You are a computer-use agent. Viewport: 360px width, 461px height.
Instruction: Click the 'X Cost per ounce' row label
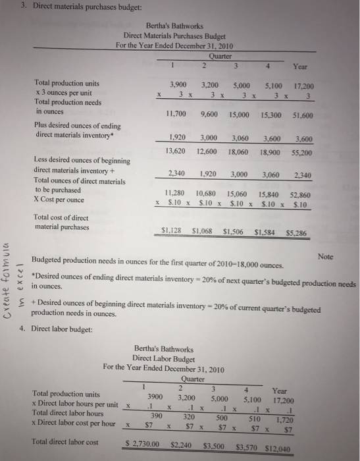click(x=61, y=199)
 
